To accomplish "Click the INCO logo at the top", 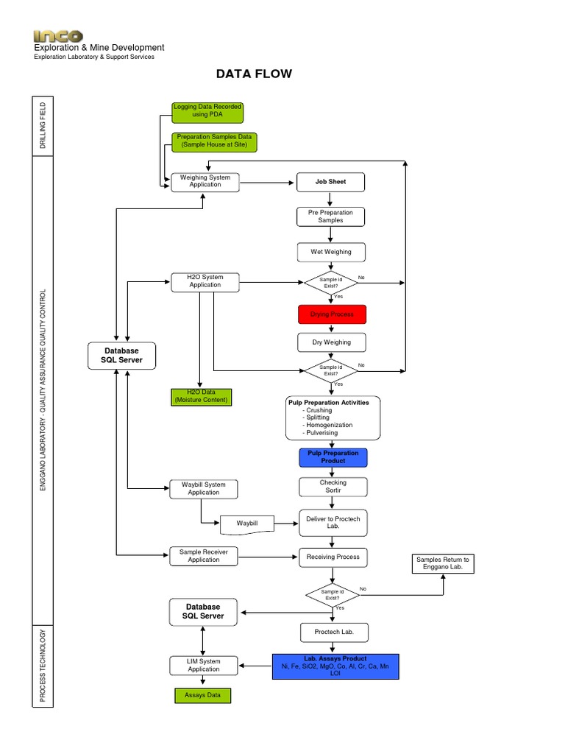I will tap(58, 35).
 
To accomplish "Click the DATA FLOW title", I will tap(253, 74).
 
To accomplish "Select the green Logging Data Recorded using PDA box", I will tap(207, 111).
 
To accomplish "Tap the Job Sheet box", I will tap(330, 181).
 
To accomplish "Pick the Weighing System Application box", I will tap(205, 181).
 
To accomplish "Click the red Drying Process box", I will tap(332, 314).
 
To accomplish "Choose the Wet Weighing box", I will tap(330, 252).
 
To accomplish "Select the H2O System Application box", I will tap(205, 281).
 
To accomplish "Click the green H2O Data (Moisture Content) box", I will tap(200, 396).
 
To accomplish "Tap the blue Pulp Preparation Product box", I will tap(333, 457).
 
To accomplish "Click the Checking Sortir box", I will tap(333, 487).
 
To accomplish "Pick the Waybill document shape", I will tap(247, 524).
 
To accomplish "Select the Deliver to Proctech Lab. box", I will tap(332, 523).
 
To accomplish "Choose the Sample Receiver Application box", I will tap(204, 556).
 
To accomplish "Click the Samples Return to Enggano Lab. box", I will tap(442, 564).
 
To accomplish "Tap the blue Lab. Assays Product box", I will tap(335, 666).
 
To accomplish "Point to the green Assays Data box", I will tap(202, 694).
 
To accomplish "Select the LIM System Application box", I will tap(204, 665).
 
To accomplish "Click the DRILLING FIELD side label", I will tap(42, 126).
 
